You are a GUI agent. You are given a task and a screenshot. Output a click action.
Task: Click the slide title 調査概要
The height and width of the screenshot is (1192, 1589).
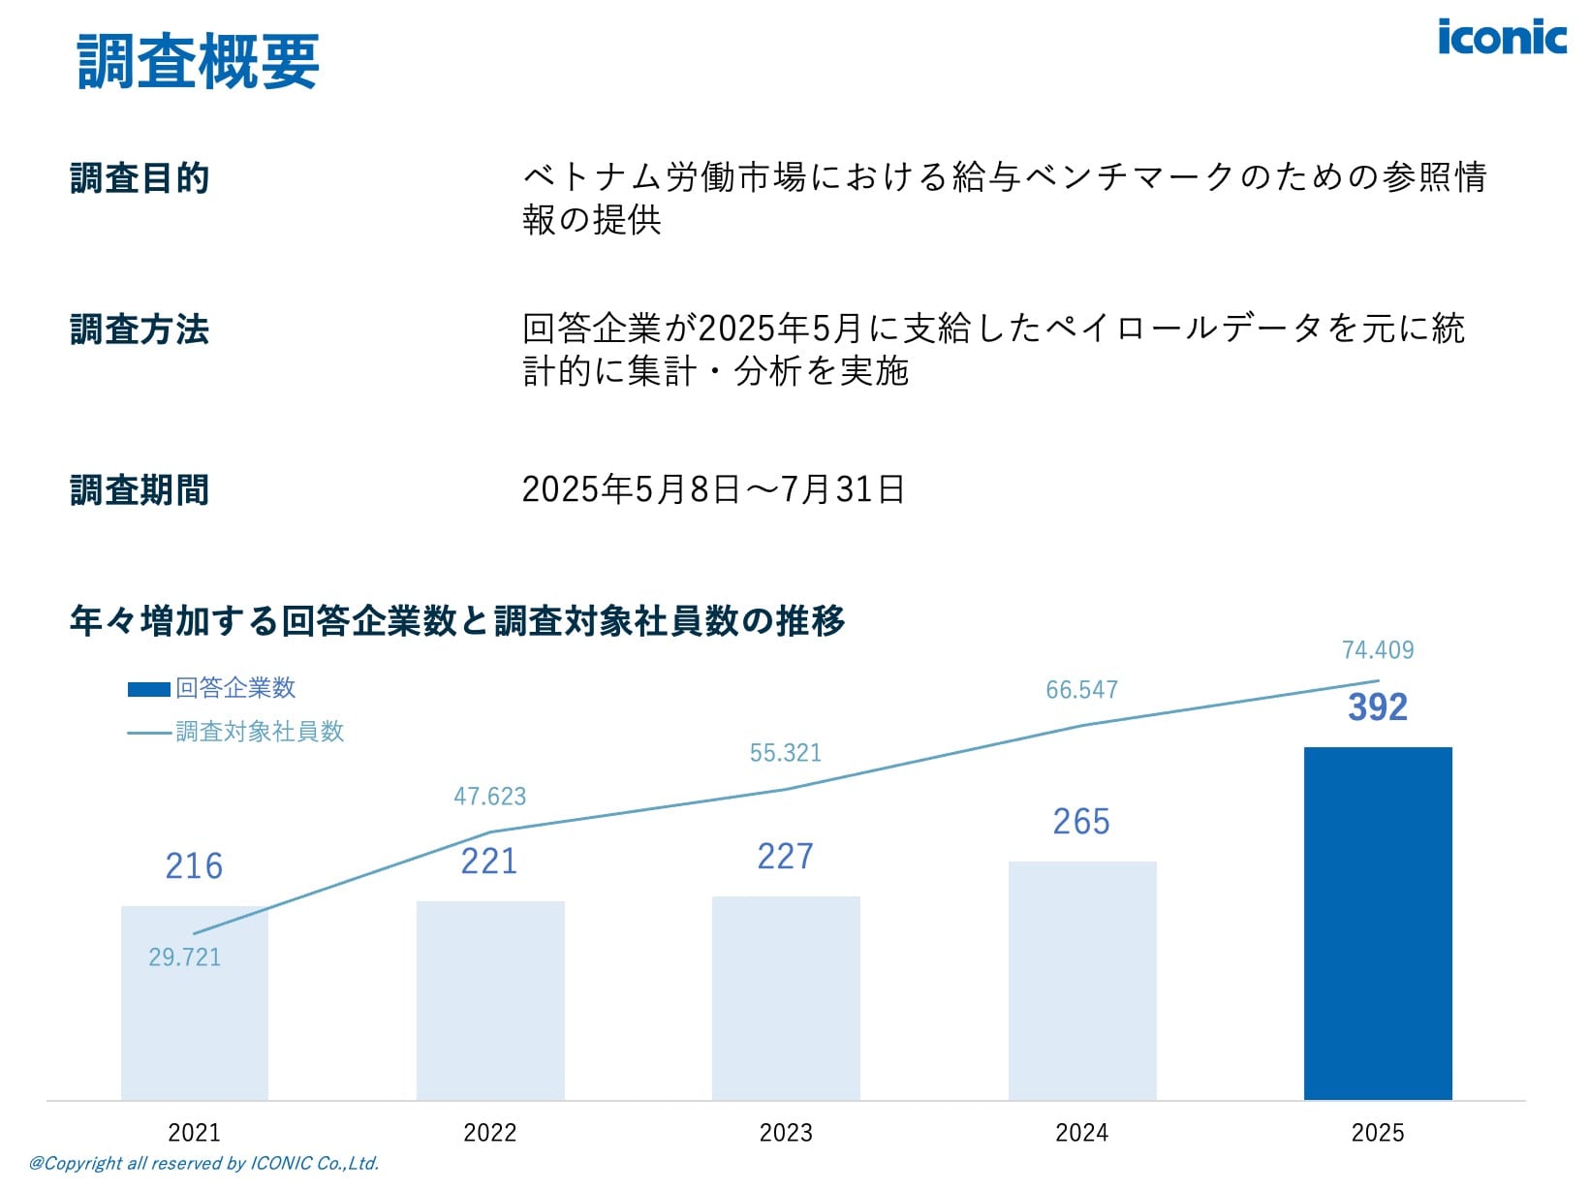point(199,61)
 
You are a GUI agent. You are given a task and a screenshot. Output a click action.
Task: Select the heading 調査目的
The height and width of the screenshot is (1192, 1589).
point(140,178)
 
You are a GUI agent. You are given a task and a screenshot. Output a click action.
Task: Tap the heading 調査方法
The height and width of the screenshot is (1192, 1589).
point(140,329)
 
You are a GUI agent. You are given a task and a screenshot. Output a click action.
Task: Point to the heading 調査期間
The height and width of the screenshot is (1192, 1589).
point(140,490)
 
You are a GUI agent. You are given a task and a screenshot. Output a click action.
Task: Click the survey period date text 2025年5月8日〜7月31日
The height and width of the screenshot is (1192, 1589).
point(713,489)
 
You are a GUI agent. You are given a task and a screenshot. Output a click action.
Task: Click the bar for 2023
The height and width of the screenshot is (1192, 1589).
point(786,998)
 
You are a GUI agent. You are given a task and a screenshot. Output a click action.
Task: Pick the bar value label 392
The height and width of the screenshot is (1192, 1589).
point(1377,707)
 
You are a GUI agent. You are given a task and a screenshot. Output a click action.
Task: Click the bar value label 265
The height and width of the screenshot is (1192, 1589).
point(1081,822)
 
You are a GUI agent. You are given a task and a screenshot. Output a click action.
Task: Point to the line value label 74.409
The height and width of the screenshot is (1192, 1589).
point(1377,650)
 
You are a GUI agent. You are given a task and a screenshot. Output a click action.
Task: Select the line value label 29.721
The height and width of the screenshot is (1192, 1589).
point(184,957)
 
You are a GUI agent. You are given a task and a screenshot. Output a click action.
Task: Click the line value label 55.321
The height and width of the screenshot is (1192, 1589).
point(785,753)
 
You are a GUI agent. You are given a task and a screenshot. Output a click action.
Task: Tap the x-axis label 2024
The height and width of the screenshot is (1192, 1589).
point(1081,1132)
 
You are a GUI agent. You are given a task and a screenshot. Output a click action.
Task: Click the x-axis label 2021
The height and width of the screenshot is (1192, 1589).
point(194,1132)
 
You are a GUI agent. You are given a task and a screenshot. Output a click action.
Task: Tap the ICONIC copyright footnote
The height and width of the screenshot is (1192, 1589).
point(203,1163)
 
